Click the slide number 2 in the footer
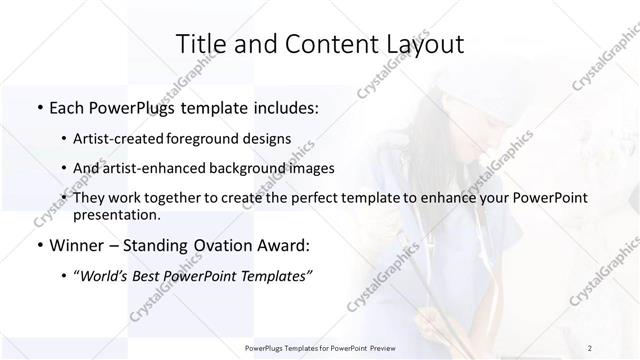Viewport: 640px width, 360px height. point(590,348)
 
